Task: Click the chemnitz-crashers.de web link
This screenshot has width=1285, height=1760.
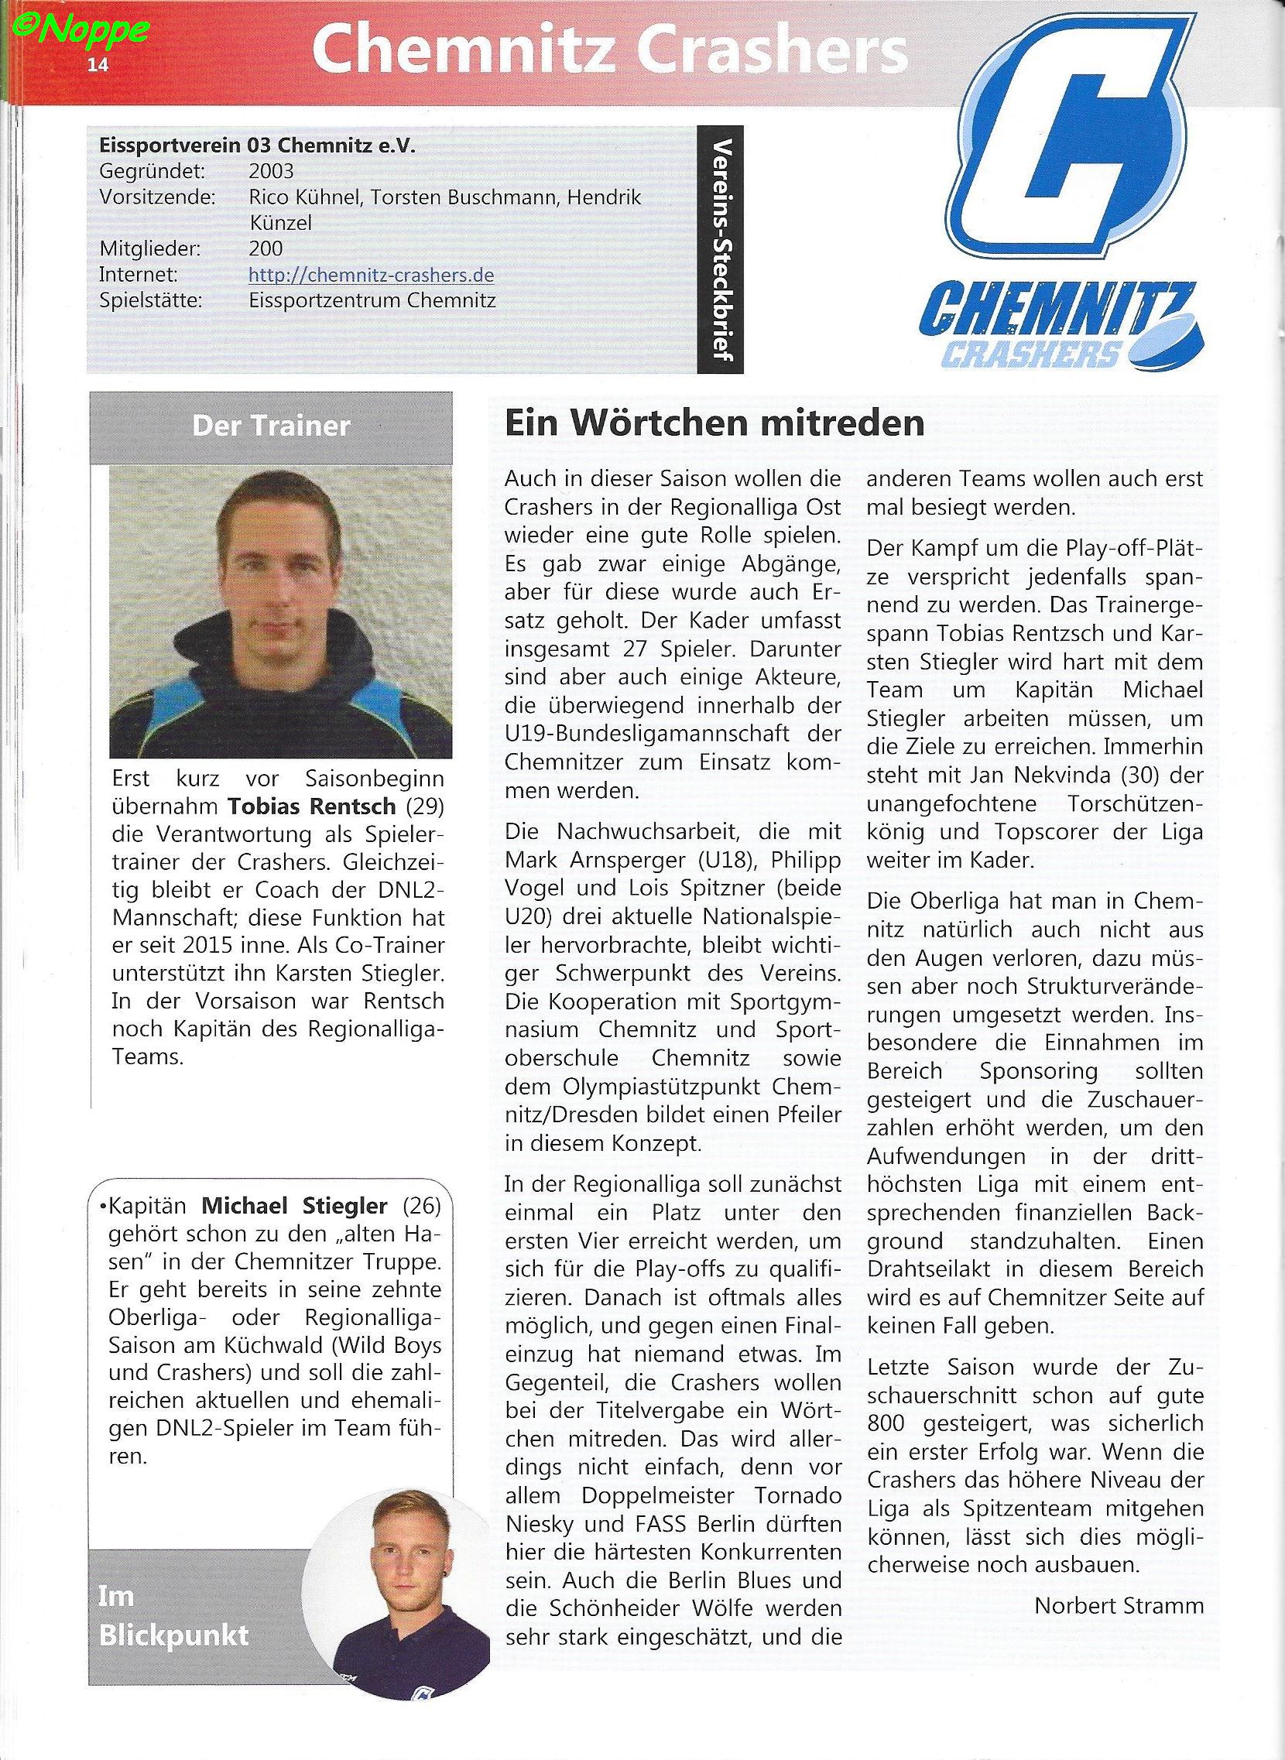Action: tap(371, 276)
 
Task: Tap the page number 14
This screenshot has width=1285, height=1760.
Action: tap(98, 64)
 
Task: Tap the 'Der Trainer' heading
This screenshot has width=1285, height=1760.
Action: tap(271, 426)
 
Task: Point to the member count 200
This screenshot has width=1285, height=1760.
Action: tap(266, 249)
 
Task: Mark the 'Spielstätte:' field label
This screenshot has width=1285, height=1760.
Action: tap(151, 300)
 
